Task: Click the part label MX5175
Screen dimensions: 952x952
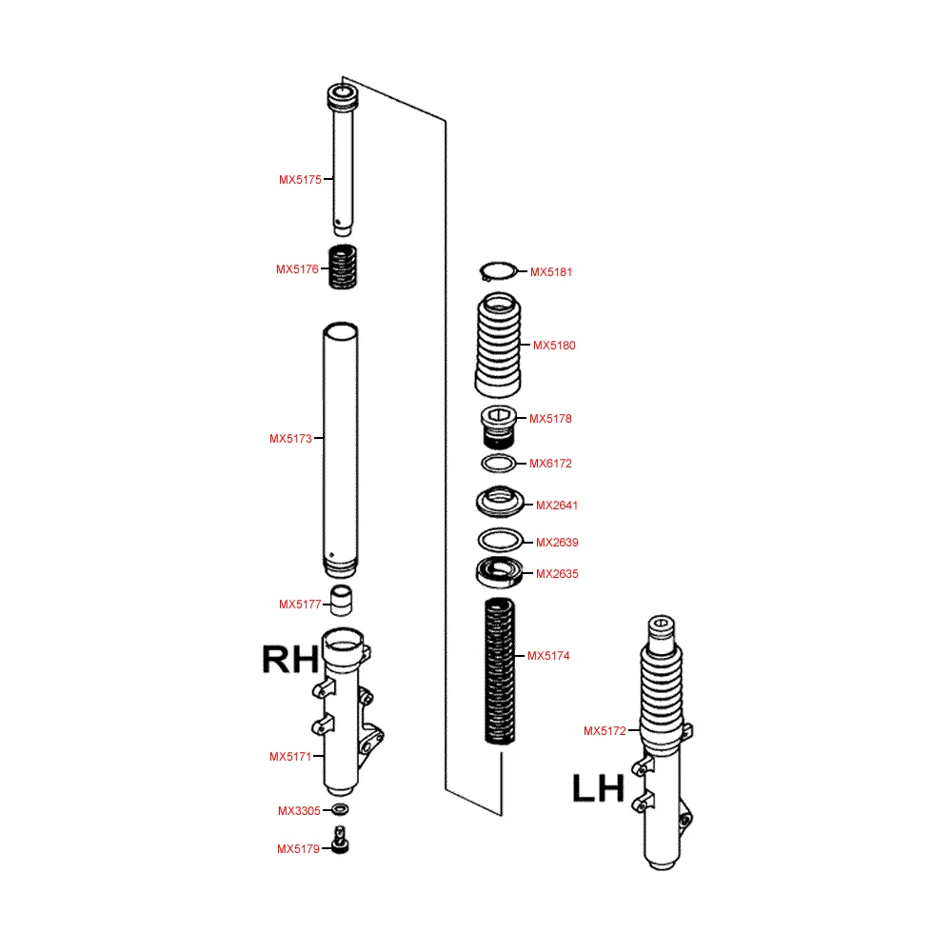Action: point(300,180)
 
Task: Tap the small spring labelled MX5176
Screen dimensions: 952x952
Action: point(343,268)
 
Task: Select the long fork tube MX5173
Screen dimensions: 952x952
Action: point(341,450)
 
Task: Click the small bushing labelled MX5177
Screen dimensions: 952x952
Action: point(341,601)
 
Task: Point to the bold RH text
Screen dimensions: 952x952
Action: point(290,660)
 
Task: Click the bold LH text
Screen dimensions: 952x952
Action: point(598,788)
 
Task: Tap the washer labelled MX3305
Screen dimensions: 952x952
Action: point(340,809)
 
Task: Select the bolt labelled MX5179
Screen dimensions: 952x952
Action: point(341,840)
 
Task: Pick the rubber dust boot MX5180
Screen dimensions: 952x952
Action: point(499,345)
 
